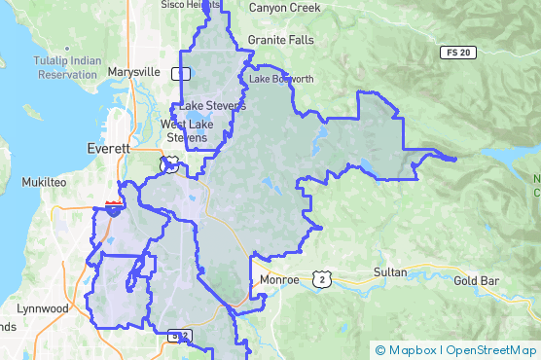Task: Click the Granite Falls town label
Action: [281, 40]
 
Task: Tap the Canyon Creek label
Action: [284, 8]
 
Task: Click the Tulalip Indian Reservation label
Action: [55, 68]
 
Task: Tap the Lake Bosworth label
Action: [281, 79]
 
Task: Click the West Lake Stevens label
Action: [187, 131]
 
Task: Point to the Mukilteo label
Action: [44, 182]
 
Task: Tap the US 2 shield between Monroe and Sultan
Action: [322, 279]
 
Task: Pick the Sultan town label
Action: [390, 273]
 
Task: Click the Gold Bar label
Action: [476, 281]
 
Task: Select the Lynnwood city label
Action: [44, 309]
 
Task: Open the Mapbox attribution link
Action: [406, 350]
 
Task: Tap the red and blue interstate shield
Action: [114, 206]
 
